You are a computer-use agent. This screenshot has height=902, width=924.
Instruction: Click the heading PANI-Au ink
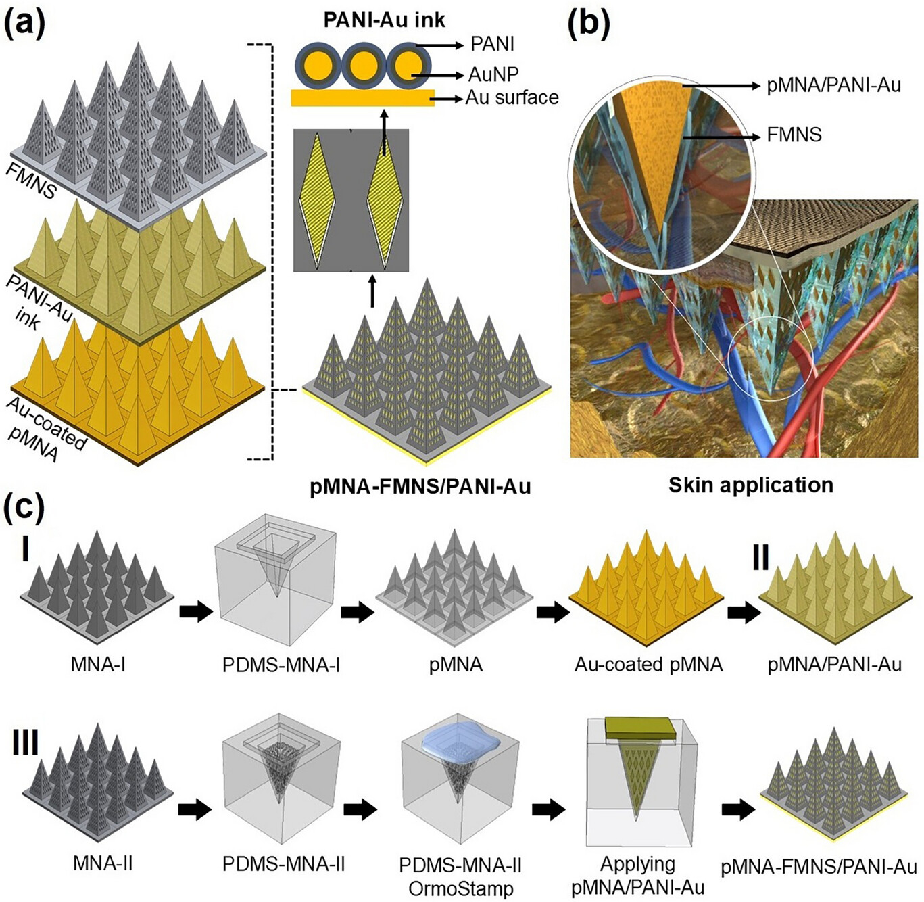[384, 20]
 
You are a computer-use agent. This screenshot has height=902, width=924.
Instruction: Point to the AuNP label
[493, 74]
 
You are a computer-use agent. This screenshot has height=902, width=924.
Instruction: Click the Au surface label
[512, 98]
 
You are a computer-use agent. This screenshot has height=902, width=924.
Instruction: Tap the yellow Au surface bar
[362, 98]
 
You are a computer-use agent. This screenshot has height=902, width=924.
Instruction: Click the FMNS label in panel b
[794, 135]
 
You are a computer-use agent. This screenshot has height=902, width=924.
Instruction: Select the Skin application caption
[750, 485]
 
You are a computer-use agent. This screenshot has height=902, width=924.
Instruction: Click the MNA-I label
[98, 664]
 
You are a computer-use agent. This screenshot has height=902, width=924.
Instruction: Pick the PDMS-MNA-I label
[281, 665]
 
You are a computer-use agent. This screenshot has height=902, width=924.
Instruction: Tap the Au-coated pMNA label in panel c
[648, 665]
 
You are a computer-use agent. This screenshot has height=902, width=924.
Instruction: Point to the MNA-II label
[103, 863]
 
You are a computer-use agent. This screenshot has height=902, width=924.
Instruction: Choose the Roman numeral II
[760, 558]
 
